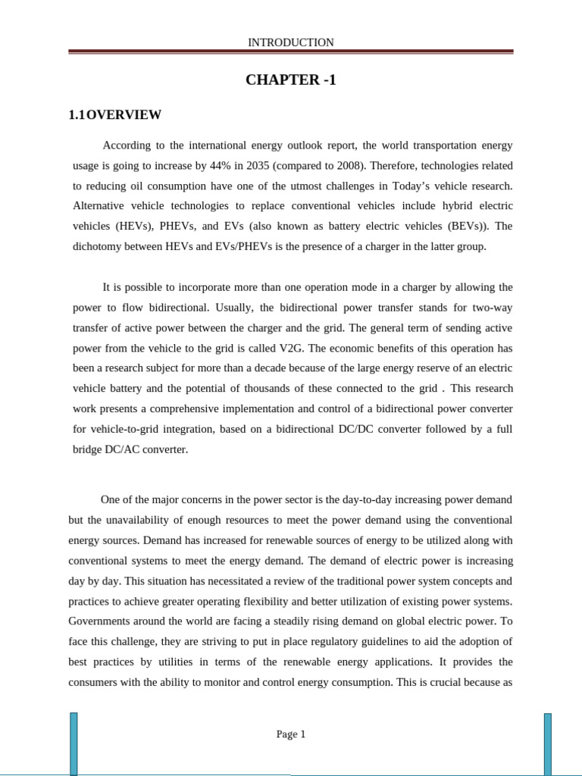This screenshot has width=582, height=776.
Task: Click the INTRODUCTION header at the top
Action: coord(290,42)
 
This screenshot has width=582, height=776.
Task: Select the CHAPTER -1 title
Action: coord(290,80)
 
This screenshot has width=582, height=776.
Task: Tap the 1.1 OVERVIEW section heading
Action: coord(114,115)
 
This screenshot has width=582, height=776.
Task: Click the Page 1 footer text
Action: coord(290,734)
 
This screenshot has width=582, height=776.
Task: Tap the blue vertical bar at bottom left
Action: coord(74,743)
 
